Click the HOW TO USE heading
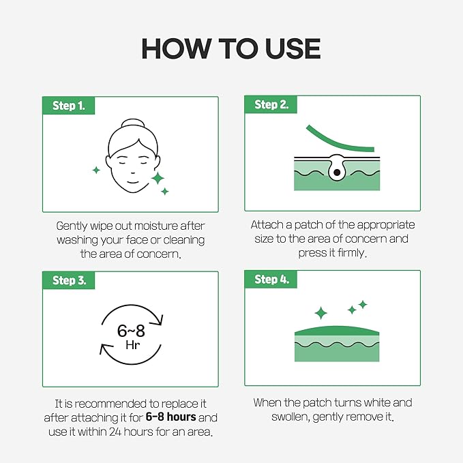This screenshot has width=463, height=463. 230,48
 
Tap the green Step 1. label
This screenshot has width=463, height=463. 69,106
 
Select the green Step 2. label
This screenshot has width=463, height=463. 270,105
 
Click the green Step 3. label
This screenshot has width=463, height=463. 69,280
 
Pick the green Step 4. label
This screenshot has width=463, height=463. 270,280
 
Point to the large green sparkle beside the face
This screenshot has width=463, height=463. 158,179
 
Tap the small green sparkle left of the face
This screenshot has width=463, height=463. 96,168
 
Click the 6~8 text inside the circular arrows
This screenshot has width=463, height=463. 132,331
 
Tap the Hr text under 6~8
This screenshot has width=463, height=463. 132,346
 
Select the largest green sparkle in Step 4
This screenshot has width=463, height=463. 320,313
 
